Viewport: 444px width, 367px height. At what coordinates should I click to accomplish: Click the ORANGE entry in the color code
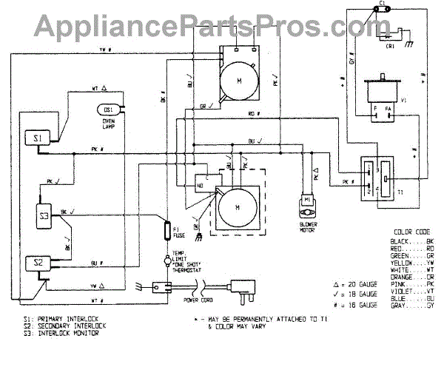click(x=403, y=277)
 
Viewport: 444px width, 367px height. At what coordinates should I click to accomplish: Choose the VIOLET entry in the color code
click(x=403, y=290)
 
